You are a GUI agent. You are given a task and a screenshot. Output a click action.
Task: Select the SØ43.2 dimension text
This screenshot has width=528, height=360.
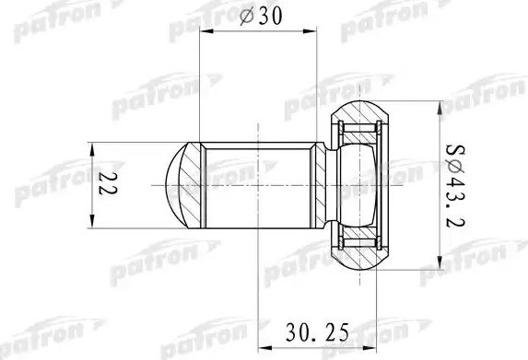pyautogui.click(x=452, y=185)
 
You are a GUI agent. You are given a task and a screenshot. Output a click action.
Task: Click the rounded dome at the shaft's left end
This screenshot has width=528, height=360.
pyautogui.click(x=175, y=184)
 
